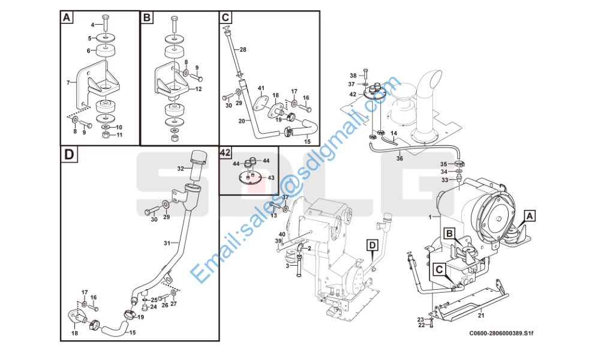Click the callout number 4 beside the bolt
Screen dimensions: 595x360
pyautogui.click(x=92, y=25)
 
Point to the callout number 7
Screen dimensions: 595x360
pyautogui.click(x=68, y=82)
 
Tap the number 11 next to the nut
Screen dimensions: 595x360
pyautogui.click(x=119, y=135)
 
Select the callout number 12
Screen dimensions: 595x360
pyautogui.click(x=199, y=89)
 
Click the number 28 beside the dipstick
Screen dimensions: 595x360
pyautogui.click(x=243, y=50)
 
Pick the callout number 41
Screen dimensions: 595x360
pyautogui.click(x=261, y=88)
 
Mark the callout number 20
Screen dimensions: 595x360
pyautogui.click(x=242, y=121)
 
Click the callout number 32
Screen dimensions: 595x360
pyautogui.click(x=181, y=168)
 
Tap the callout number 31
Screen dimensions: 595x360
pyautogui.click(x=167, y=243)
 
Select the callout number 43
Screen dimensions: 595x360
pyautogui.click(x=271, y=178)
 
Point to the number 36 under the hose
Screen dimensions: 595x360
pyautogui.click(x=399, y=158)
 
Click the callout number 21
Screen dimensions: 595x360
pyautogui.click(x=481, y=315)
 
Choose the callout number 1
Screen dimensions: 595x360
pyautogui.click(x=430, y=217)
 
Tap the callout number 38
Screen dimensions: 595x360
pyautogui.click(x=353, y=76)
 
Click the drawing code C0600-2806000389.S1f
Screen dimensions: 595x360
pyautogui.click(x=501, y=334)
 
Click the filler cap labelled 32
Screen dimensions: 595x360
pyautogui.click(x=199, y=157)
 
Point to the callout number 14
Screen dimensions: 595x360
pyautogui.click(x=394, y=133)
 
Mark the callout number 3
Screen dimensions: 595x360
pyautogui.click(x=288, y=266)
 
